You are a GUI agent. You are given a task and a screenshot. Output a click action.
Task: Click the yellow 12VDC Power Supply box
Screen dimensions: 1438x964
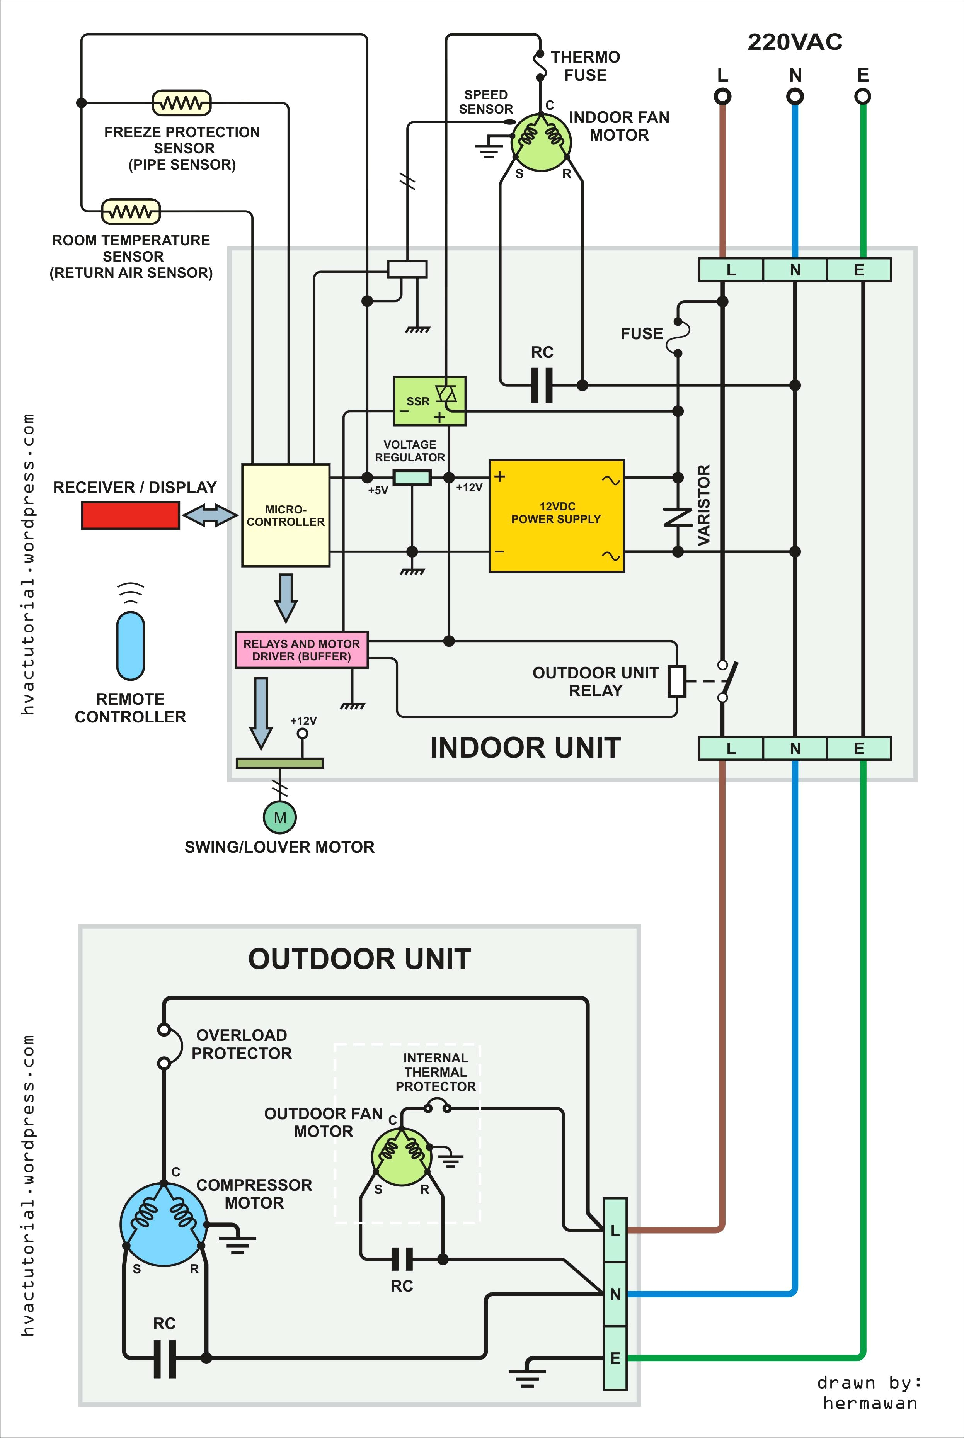pos(556,516)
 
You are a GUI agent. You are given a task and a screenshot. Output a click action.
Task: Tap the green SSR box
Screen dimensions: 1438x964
pos(429,401)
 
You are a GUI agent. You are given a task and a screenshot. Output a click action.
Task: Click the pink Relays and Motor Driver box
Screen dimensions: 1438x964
pos(301,649)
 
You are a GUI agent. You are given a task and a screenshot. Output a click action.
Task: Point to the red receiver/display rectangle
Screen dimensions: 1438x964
pos(130,515)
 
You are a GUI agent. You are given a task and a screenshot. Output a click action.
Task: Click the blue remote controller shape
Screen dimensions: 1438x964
pos(130,645)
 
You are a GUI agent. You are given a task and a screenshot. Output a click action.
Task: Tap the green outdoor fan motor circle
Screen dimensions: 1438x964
pos(402,1157)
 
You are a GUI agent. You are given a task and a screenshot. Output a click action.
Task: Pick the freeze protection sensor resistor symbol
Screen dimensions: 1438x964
pos(181,103)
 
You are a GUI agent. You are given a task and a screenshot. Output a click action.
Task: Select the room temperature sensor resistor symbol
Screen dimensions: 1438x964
pos(130,211)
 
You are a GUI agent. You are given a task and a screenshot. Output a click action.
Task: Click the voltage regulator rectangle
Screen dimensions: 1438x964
pos(411,477)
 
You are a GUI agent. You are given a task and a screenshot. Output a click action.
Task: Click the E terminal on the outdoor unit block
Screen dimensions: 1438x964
pos(615,1358)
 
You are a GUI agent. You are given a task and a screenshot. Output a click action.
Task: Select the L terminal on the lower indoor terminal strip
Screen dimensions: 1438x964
pos(731,748)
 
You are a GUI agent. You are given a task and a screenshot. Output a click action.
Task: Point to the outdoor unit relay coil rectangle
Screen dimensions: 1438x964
pos(677,681)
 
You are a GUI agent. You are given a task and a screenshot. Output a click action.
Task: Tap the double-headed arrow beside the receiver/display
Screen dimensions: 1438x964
pos(210,515)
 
